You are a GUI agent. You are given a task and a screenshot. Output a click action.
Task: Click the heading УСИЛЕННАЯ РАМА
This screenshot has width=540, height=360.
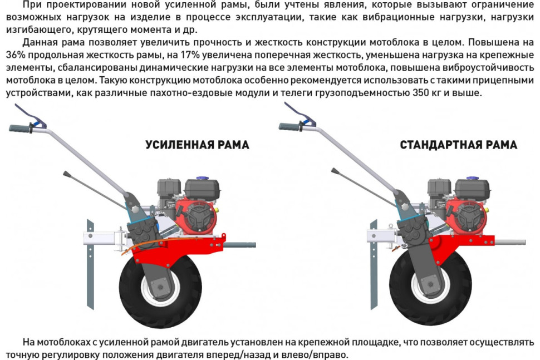(197, 145)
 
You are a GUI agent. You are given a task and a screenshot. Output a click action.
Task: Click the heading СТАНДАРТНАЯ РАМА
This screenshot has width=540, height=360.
(458, 145)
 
